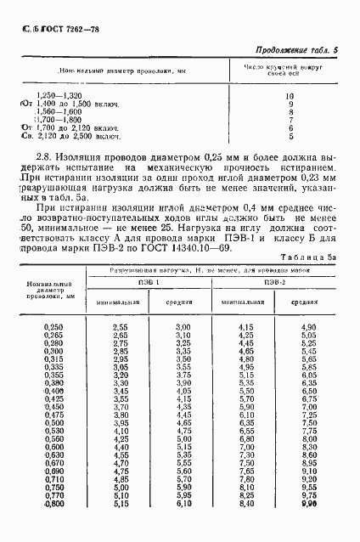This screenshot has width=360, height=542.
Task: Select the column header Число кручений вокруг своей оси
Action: pyautogui.click(x=292, y=70)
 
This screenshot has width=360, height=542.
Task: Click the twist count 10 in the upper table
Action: pyautogui.click(x=290, y=96)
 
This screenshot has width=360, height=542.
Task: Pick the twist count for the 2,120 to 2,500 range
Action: pyautogui.click(x=290, y=136)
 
